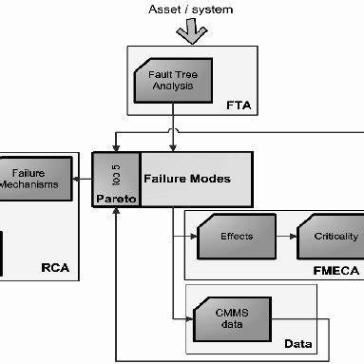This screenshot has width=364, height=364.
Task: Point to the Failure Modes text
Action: [x=187, y=178]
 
